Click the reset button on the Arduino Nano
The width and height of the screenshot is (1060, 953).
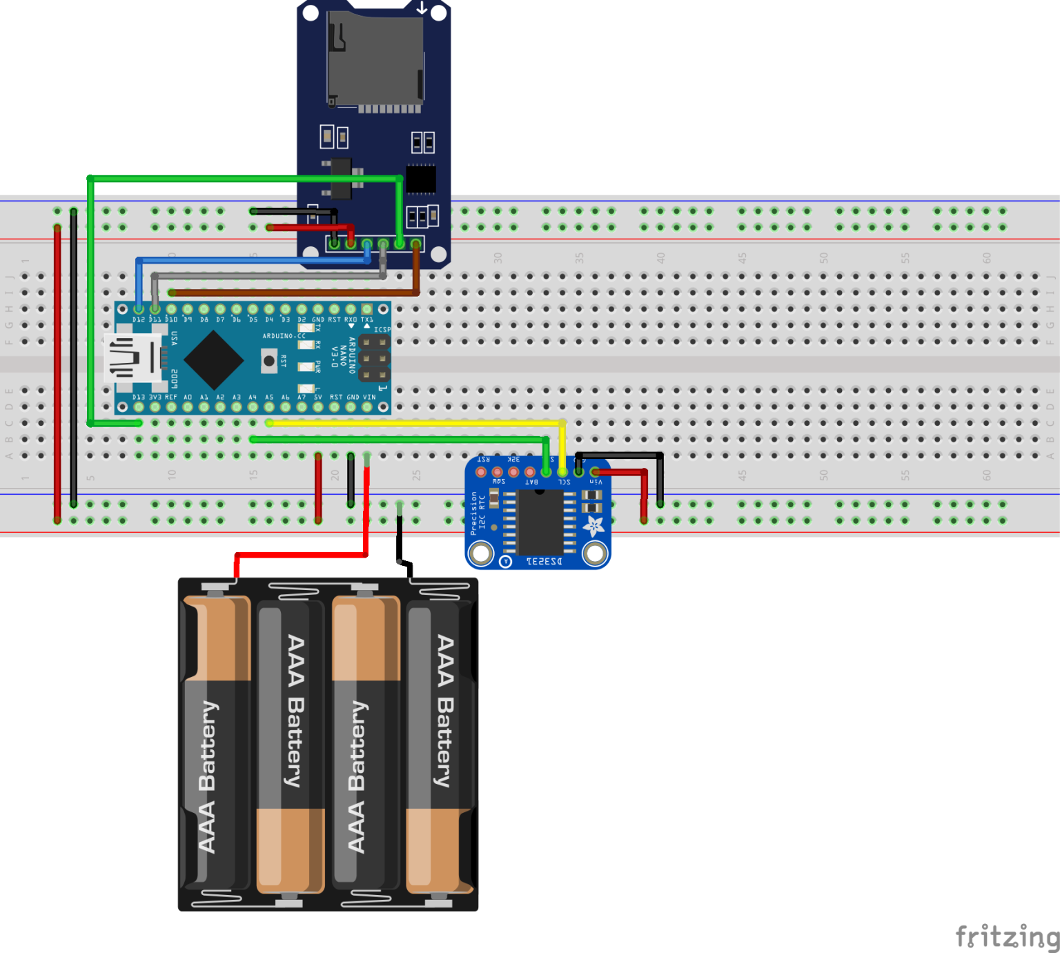(x=268, y=360)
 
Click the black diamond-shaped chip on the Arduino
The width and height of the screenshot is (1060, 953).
(x=213, y=360)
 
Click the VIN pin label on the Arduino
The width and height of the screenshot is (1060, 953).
(x=369, y=397)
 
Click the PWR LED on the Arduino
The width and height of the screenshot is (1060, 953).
(x=306, y=366)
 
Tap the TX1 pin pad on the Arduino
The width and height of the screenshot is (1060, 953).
(x=367, y=309)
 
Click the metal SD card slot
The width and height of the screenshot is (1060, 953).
(x=375, y=59)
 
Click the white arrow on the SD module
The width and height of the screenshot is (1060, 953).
(x=421, y=8)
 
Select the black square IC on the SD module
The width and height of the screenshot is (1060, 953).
(x=420, y=179)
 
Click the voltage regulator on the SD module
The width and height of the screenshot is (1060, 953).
(x=341, y=177)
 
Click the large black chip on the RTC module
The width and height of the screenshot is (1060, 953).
(x=540, y=521)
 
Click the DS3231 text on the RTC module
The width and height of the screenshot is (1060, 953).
(x=544, y=562)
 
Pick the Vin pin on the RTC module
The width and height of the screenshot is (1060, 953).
(x=595, y=472)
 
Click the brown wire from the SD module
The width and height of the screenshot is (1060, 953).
(x=290, y=293)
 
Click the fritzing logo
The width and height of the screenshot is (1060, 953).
(x=1007, y=936)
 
